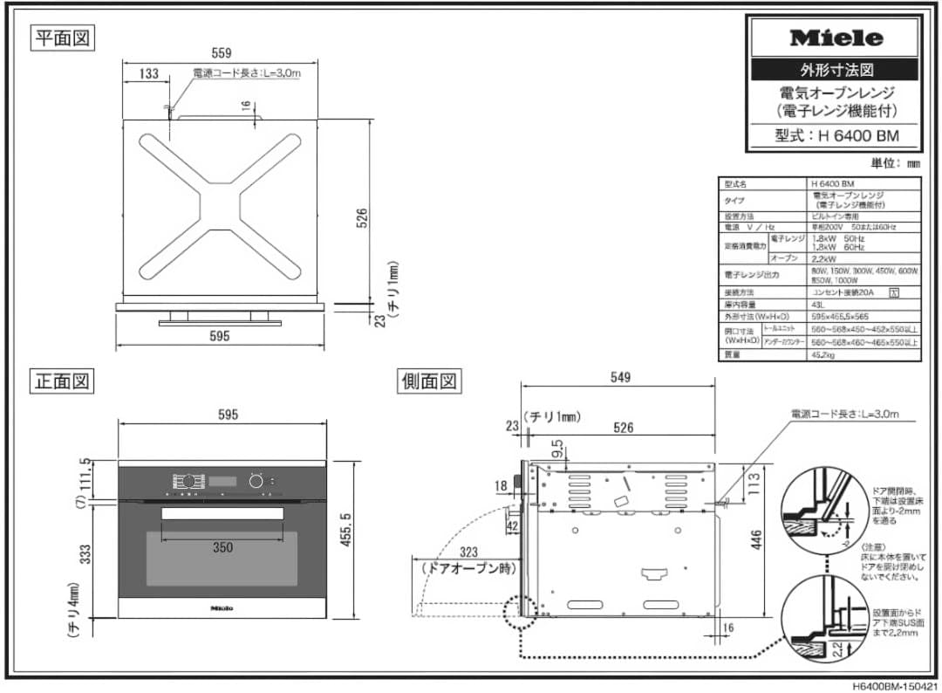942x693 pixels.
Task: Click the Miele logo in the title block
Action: coord(836,38)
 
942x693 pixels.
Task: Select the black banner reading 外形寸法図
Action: coord(836,70)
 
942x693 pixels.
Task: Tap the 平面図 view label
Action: coord(63,38)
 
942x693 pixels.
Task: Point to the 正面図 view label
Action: coord(63,381)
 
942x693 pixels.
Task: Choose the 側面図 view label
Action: coord(430,381)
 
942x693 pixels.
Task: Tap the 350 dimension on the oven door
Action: coord(222,547)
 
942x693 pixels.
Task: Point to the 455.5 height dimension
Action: coord(369,540)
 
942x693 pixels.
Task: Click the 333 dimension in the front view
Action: coord(85,554)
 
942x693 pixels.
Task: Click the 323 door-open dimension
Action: coord(469,552)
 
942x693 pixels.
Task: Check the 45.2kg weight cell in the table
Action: coord(823,355)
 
